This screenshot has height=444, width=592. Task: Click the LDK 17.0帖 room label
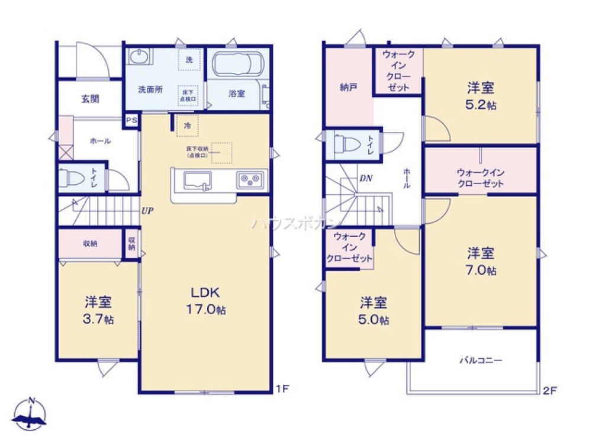[x=205, y=300]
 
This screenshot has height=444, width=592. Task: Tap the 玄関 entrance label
[x=90, y=99]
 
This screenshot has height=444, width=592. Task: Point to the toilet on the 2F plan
[x=343, y=144]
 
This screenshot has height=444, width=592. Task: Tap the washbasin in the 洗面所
[x=139, y=59]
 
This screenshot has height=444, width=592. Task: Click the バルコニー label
[x=481, y=360]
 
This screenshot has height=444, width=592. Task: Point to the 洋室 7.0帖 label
[x=481, y=261]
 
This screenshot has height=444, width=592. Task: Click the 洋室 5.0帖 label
[x=374, y=311]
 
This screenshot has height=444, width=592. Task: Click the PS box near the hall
[x=131, y=120]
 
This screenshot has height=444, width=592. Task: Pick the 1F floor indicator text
[x=282, y=390]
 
